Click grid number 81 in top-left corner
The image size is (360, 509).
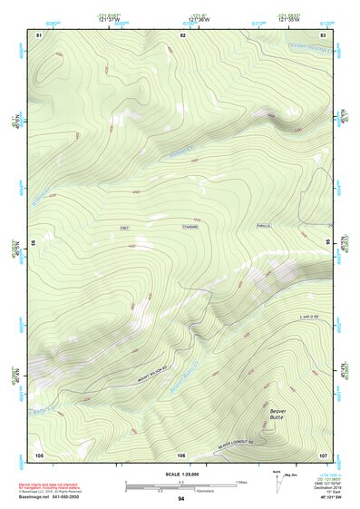click(38, 34)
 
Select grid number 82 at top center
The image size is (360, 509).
click(182, 34)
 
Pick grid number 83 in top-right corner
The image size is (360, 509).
click(324, 34)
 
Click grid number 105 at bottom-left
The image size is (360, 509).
click(39, 454)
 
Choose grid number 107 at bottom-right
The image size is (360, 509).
click(323, 454)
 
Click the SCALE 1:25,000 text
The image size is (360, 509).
click(181, 472)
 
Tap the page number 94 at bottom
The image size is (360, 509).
click(181, 499)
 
